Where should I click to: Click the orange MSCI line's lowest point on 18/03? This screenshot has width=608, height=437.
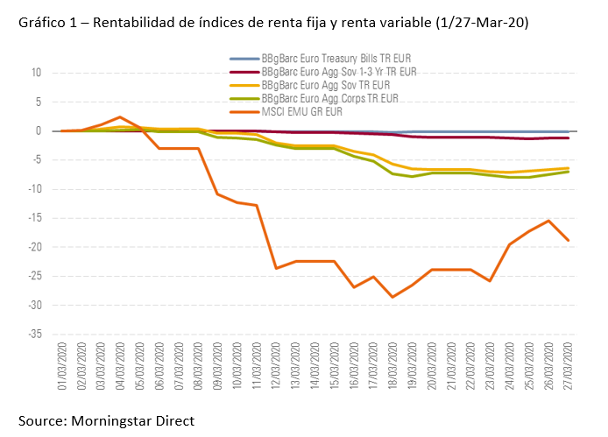tap(393, 297)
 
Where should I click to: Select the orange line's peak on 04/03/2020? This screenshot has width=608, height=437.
tap(119, 116)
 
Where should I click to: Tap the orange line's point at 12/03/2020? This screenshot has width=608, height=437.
tap(276, 268)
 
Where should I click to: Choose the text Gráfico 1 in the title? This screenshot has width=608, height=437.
tap(46, 25)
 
